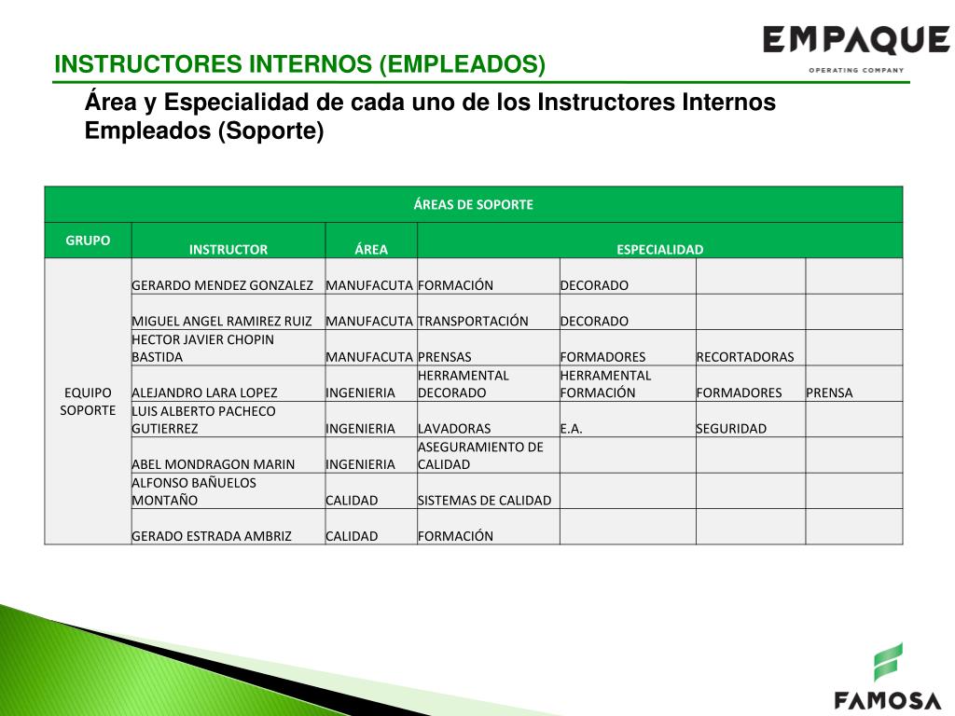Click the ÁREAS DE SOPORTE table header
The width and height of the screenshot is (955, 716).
(473, 204)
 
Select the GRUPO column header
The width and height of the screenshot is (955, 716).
(88, 240)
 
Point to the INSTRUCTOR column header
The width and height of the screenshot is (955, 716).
(228, 249)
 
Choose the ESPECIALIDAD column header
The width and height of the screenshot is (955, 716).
(659, 249)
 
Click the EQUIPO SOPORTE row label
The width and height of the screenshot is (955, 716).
(88, 401)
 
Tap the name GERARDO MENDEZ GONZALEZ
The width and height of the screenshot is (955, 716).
(222, 285)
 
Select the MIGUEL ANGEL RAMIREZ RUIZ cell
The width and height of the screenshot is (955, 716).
(222, 321)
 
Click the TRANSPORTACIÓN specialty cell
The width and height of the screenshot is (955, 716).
(473, 321)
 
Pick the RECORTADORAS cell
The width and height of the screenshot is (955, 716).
(744, 356)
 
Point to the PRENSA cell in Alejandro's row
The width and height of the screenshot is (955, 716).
(829, 392)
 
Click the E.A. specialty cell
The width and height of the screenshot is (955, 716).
(571, 429)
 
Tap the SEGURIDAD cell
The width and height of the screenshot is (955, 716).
(730, 429)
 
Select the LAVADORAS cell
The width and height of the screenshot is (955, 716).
(454, 429)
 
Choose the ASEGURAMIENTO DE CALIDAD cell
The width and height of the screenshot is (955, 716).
(479, 455)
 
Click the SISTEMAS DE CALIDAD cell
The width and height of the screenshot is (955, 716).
(484, 500)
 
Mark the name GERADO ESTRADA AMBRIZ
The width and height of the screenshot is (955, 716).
(212, 536)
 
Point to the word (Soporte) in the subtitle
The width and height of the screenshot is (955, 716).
(270, 131)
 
